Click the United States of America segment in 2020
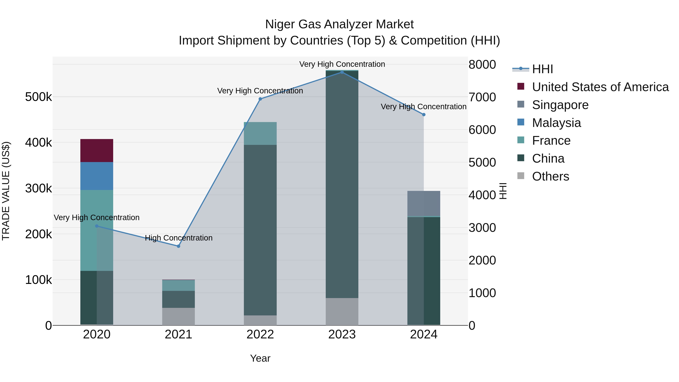tap(96, 150)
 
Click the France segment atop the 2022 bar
tap(260, 133)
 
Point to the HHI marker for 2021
tap(178, 246)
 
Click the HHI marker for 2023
tap(342, 72)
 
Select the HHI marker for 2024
tap(424, 115)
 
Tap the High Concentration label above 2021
tap(178, 238)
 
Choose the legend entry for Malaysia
tap(556, 123)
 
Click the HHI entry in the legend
tap(542, 69)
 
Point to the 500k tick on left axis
tap(38, 97)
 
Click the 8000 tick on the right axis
tap(482, 65)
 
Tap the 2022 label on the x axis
tap(260, 334)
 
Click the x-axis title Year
tap(260, 358)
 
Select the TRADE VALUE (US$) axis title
tap(6, 191)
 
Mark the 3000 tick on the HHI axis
tap(482, 228)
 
